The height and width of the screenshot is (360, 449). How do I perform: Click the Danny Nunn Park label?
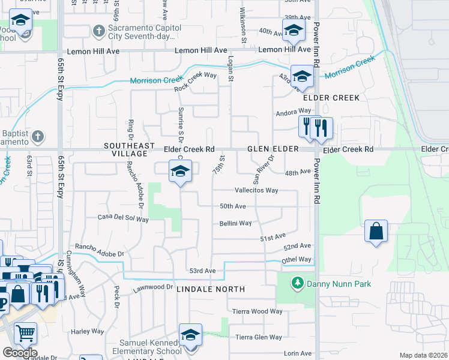pos(339,284)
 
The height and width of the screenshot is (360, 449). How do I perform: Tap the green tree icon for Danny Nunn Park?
pos(296,283)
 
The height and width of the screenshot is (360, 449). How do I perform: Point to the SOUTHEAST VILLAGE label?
pos(125,149)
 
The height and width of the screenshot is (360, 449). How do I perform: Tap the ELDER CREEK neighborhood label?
pos(331,98)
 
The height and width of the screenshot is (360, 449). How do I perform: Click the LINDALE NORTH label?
pos(211,289)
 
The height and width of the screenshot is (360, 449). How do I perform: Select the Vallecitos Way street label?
pos(256,190)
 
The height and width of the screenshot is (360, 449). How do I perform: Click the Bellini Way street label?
pos(235,223)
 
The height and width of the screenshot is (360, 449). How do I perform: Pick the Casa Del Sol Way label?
pos(123,218)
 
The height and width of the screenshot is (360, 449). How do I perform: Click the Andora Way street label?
pos(293,112)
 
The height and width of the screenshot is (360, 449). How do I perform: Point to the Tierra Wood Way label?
pos(258,311)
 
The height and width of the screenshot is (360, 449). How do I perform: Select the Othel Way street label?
pos(297,260)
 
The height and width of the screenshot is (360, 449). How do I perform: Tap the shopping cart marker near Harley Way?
pos(25,333)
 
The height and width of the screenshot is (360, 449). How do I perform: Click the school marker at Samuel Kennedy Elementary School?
pos(190,335)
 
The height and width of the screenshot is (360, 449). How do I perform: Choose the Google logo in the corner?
pos(20,353)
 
